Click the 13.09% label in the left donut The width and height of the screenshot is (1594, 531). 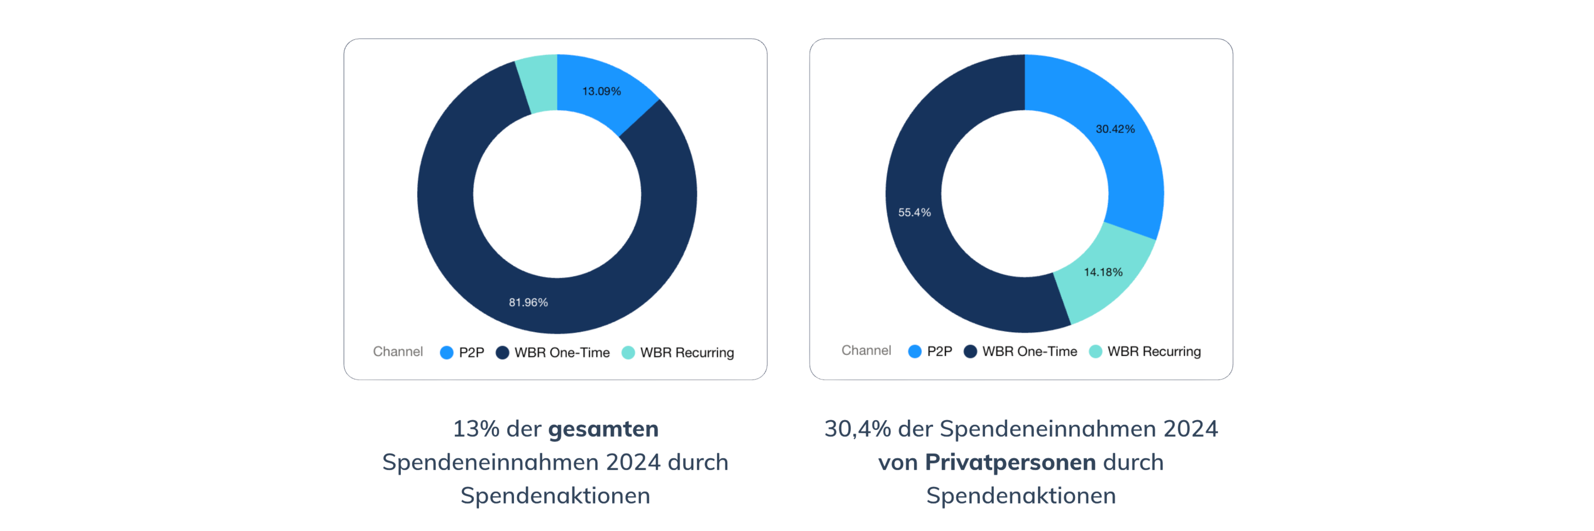point(601,91)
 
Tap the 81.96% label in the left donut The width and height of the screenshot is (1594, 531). point(528,302)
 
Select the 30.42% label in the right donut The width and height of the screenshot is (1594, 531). point(1115,129)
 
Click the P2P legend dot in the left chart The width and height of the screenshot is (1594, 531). point(446,352)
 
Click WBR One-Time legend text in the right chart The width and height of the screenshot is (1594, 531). point(1029,351)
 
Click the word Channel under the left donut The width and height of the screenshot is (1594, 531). point(397,352)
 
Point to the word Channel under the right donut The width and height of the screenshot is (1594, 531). point(866,350)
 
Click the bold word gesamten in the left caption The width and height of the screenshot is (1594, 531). point(603,429)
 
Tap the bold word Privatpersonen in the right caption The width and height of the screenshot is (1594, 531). point(1010,462)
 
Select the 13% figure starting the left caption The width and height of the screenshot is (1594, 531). point(475,429)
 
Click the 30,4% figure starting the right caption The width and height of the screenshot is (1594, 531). point(857,429)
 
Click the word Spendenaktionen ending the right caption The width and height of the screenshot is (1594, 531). point(1021,496)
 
